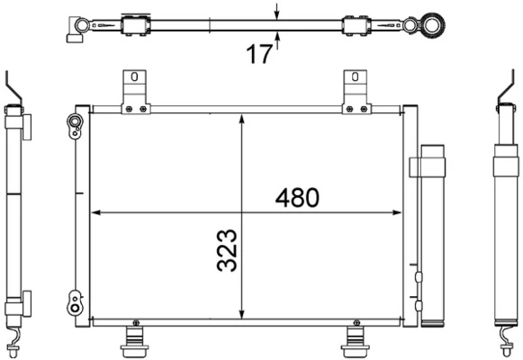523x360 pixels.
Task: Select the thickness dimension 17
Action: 258,54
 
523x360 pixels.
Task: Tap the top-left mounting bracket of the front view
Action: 135,94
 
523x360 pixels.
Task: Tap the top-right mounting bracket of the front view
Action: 356,94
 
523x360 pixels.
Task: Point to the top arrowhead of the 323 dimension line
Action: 241,120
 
